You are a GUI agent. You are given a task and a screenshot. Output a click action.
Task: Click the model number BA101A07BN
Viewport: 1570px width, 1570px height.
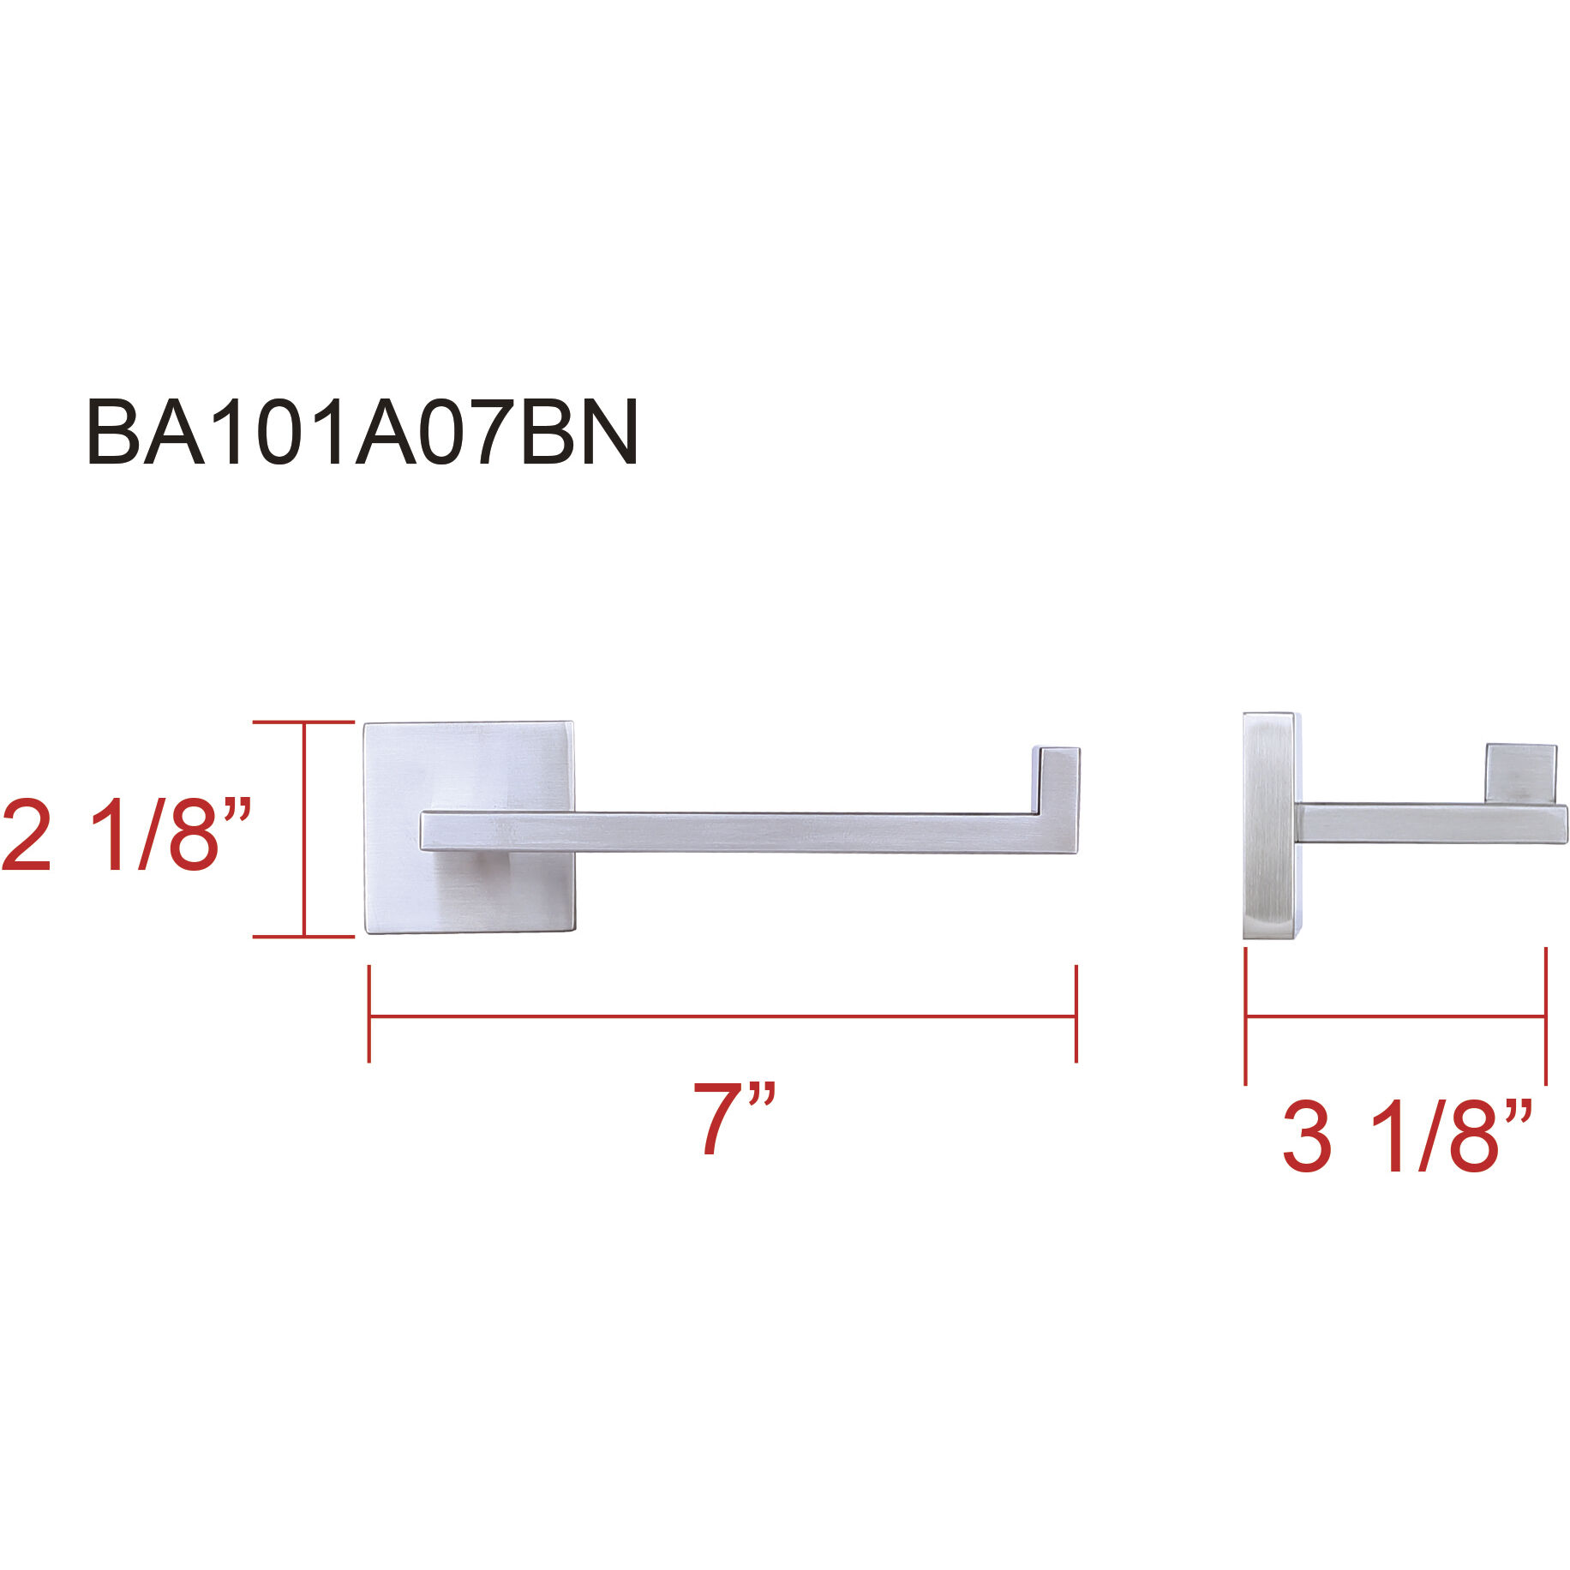pos(362,433)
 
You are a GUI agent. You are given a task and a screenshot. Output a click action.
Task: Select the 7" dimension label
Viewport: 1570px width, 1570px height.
pos(733,1118)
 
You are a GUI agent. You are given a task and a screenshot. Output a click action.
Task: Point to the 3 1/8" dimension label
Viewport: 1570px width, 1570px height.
pos(1406,1138)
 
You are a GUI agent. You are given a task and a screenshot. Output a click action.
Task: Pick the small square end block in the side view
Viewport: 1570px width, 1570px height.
pos(1520,772)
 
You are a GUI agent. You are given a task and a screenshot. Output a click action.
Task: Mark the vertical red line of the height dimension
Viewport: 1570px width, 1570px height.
pos(304,830)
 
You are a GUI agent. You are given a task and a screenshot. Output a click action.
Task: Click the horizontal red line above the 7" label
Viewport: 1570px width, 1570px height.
pos(722,1016)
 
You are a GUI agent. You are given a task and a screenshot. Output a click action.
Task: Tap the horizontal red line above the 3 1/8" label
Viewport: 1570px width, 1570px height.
pos(1395,1016)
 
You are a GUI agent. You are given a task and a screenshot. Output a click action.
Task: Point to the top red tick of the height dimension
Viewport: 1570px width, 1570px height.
pos(304,722)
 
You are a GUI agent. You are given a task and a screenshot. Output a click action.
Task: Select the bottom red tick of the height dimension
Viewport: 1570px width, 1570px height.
pos(304,937)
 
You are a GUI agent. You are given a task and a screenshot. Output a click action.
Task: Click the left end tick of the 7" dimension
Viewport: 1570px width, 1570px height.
pos(369,1015)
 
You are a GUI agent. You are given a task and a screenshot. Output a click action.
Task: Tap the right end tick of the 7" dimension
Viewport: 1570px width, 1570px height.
pos(1076,1015)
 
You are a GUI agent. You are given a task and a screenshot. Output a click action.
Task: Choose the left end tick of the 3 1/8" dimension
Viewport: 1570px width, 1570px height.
pos(1245,1016)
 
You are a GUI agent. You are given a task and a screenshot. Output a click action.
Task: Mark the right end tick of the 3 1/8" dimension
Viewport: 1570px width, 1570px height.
pos(1545,1016)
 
